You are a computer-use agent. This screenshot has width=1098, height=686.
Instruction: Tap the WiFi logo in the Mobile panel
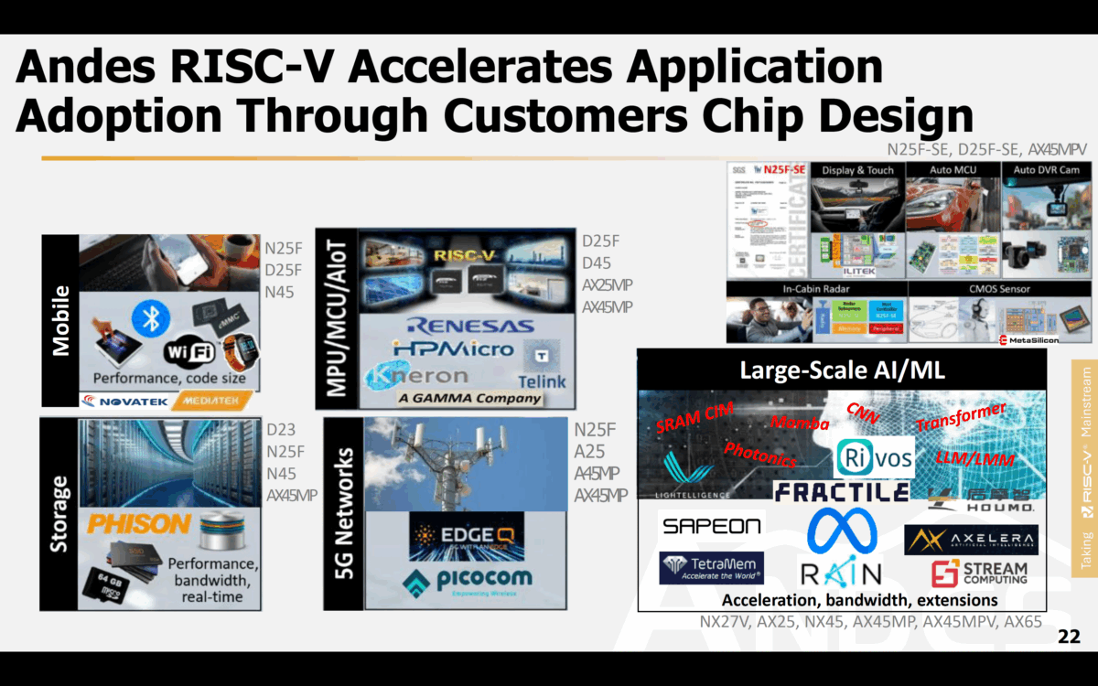pyautogui.click(x=188, y=351)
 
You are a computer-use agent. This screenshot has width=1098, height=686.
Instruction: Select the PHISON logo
pyautogui.click(x=138, y=524)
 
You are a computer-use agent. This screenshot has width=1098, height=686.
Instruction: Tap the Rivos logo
pyautogui.click(x=876, y=456)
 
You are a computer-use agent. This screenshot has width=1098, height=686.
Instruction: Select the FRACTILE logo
pyautogui.click(x=841, y=492)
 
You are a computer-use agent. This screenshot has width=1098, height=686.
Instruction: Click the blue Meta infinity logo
pyautogui.click(x=842, y=531)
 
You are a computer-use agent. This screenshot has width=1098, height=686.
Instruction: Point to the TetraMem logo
pyautogui.click(x=711, y=568)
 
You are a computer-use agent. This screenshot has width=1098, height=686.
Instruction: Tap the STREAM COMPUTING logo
pyautogui.click(x=979, y=573)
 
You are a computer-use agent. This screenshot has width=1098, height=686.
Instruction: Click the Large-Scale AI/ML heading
pyautogui.click(x=842, y=370)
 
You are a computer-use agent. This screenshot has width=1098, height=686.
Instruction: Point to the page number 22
pyautogui.click(x=1068, y=637)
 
